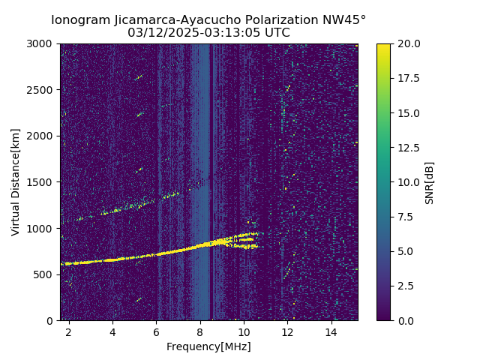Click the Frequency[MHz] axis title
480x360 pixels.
point(208,346)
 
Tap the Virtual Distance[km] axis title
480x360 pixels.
point(16,181)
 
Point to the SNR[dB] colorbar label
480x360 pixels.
point(430,182)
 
